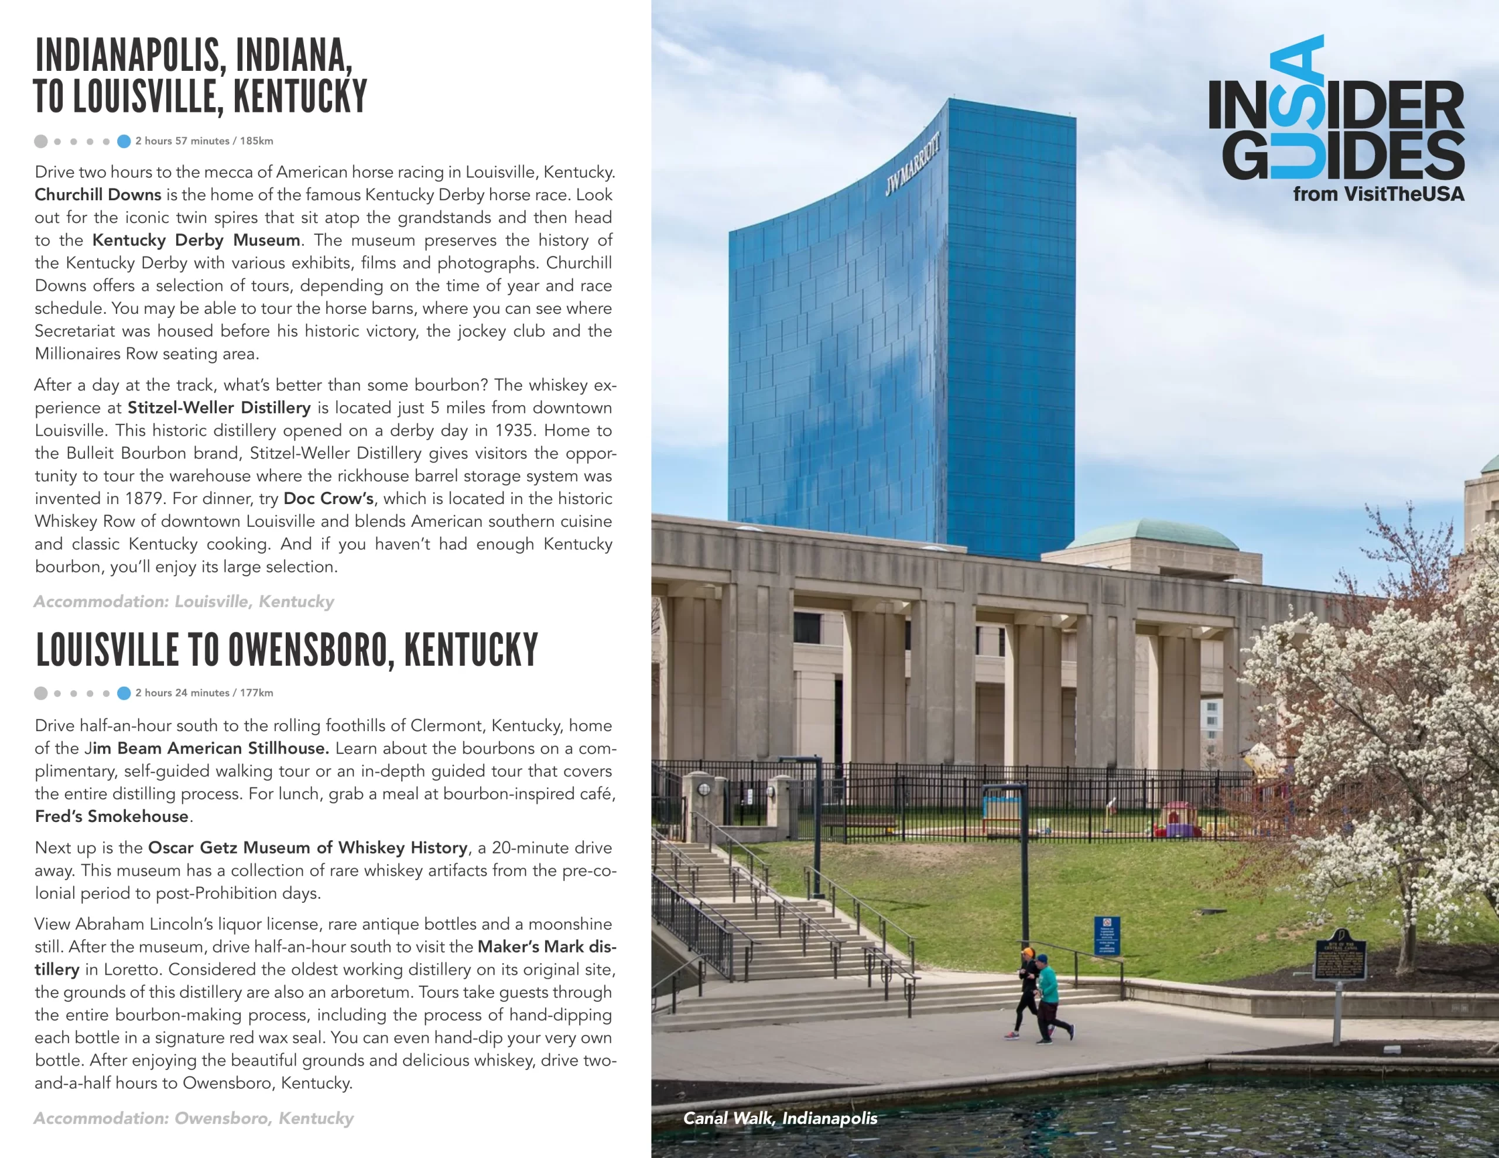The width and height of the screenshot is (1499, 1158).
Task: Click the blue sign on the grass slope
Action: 1107,935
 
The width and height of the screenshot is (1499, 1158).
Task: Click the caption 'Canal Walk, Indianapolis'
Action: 780,1118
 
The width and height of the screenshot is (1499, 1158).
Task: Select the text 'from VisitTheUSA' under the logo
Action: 1378,194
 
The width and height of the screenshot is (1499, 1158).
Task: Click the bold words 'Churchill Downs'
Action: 98,195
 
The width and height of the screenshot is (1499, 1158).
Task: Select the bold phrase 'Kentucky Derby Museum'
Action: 196,240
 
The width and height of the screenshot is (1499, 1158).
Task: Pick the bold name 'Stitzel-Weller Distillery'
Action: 219,407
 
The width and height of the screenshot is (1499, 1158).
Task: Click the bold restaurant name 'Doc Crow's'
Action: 328,498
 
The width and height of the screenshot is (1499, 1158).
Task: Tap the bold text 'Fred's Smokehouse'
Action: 112,816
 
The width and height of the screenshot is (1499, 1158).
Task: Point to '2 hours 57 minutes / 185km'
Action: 204,141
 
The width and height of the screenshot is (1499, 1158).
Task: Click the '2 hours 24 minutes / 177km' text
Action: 204,693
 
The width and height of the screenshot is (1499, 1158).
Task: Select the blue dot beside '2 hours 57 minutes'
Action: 124,142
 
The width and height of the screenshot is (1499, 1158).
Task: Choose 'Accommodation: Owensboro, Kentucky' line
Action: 194,1118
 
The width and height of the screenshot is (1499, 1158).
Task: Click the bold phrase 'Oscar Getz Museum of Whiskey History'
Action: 308,848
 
